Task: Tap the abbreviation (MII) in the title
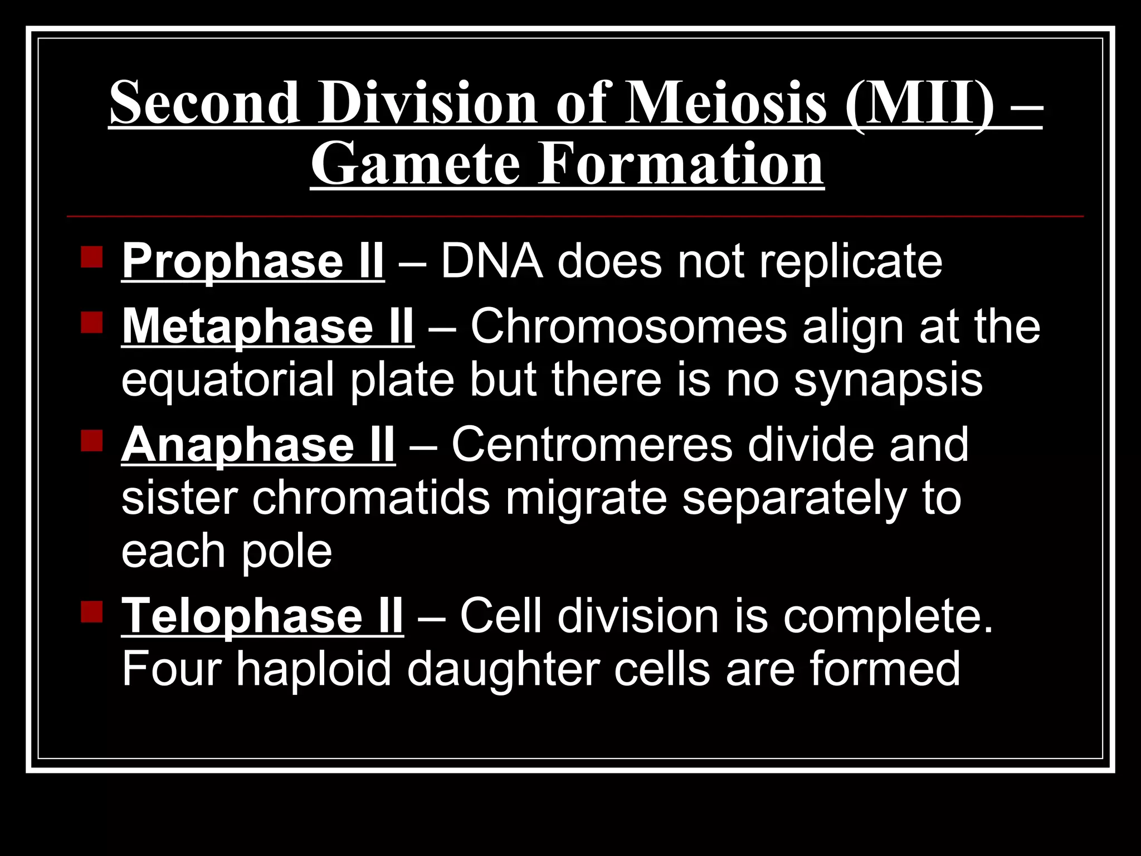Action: click(919, 103)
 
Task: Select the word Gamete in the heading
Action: click(416, 164)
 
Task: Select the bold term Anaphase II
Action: click(258, 445)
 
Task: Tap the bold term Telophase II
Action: click(262, 616)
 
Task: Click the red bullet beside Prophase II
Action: click(91, 257)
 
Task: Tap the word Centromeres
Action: click(592, 445)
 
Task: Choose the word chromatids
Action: click(371, 498)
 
